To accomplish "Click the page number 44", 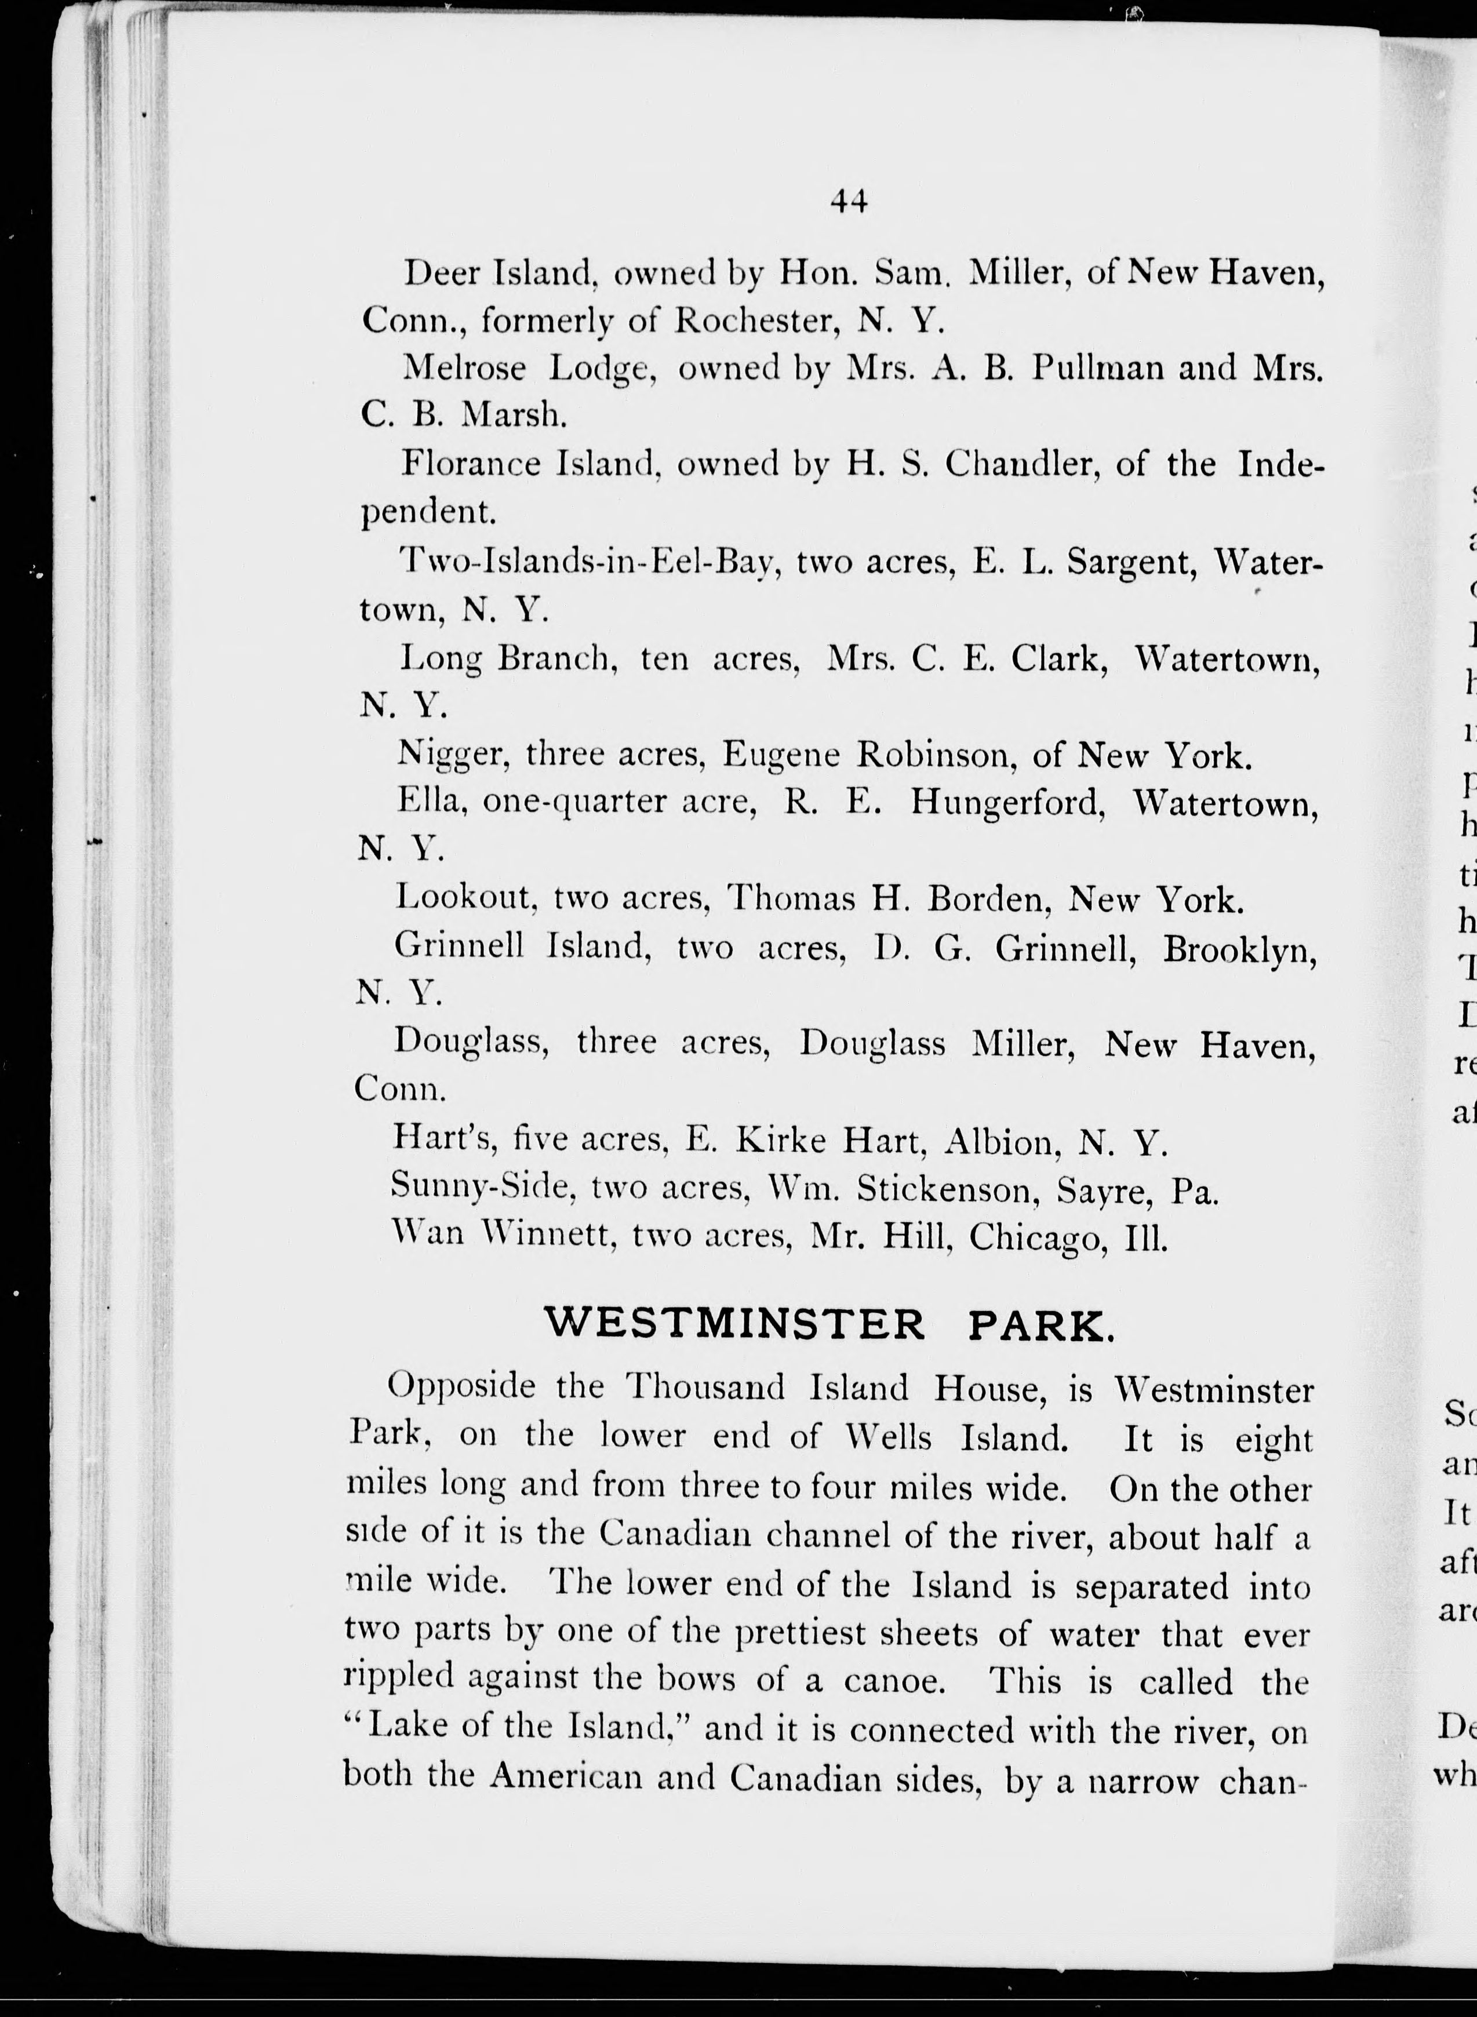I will pos(849,201).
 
